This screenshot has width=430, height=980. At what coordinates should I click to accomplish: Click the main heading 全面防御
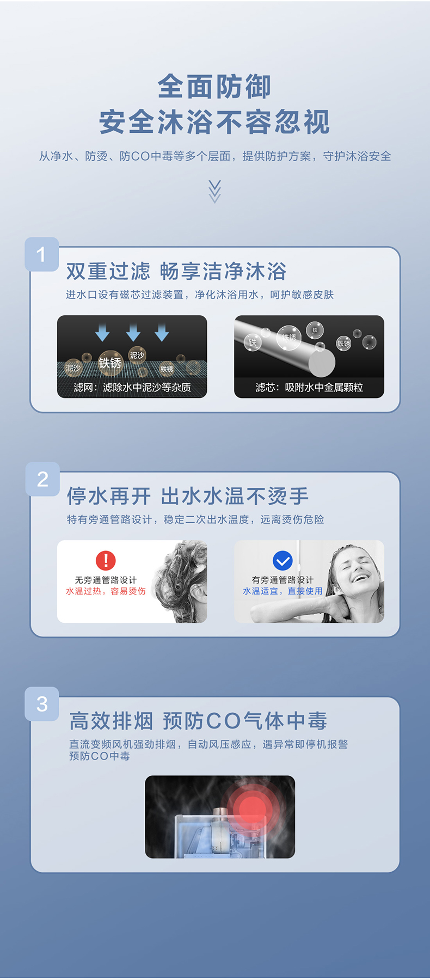pyautogui.click(x=214, y=87)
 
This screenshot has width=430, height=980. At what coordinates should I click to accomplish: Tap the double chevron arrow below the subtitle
pyautogui.click(x=215, y=192)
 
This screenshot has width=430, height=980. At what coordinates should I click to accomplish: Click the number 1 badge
pyautogui.click(x=42, y=254)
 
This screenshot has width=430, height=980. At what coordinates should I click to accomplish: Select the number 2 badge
pyautogui.click(x=42, y=479)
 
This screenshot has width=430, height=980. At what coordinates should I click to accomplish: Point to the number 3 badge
pyautogui.click(x=42, y=704)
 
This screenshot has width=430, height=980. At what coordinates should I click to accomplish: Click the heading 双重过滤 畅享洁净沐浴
pyautogui.click(x=176, y=271)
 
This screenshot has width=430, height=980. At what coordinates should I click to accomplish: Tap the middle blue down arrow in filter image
pyautogui.click(x=133, y=332)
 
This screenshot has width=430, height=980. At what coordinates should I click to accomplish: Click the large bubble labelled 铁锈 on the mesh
pyautogui.click(x=110, y=363)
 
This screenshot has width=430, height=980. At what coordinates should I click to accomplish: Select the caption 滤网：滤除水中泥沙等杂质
pyautogui.click(x=132, y=388)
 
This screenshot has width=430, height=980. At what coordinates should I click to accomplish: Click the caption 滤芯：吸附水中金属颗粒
pyautogui.click(x=309, y=388)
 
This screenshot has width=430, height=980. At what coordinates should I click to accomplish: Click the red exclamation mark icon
pyautogui.click(x=106, y=560)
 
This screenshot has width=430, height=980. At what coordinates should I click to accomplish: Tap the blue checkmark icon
pyautogui.click(x=282, y=560)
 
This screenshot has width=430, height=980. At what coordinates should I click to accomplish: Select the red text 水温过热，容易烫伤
pyautogui.click(x=106, y=591)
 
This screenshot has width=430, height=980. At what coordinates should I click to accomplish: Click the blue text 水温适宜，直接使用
pyautogui.click(x=282, y=591)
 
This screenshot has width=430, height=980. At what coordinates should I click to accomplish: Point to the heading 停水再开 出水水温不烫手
pyautogui.click(x=188, y=496)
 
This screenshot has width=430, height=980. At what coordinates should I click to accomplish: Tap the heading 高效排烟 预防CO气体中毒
pyautogui.click(x=198, y=721)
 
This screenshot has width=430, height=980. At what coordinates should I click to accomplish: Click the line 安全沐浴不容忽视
pyautogui.click(x=214, y=122)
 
